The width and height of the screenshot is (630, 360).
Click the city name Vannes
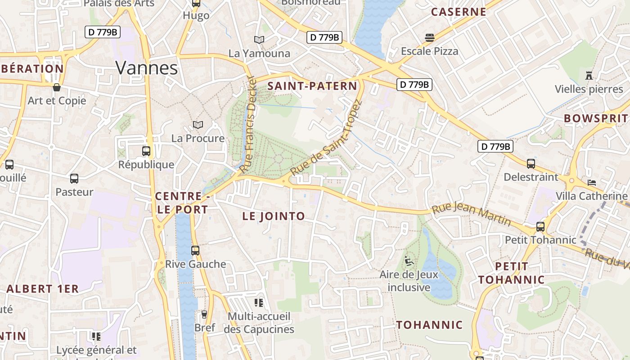click(x=147, y=68)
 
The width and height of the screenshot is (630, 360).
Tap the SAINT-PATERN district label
click(x=312, y=86)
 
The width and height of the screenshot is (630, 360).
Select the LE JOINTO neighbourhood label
click(x=274, y=216)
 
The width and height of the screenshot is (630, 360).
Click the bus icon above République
click(x=146, y=151)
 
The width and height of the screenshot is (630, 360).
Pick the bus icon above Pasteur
click(x=74, y=179)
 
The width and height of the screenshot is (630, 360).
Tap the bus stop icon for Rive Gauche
click(x=195, y=251)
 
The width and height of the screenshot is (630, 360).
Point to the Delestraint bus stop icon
click(x=531, y=164)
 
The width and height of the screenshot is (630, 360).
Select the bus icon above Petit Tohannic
click(x=540, y=227)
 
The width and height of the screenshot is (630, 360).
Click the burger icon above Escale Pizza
click(x=430, y=38)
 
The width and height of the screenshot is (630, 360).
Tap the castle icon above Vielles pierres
click(x=589, y=75)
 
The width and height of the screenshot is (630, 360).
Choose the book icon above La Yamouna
click(x=259, y=40)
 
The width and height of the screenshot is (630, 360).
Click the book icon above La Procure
click(x=198, y=125)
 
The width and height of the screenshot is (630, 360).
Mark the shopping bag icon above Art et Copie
click(x=57, y=87)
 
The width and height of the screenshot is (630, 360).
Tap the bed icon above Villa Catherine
click(x=592, y=183)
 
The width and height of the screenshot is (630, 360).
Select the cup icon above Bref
click(x=204, y=314)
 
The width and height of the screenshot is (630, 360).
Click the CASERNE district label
click(x=459, y=12)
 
